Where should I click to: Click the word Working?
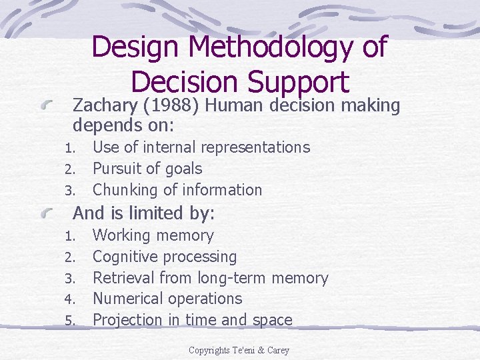pyautogui.click(x=121, y=235)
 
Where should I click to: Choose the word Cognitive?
pyautogui.click(x=125, y=257)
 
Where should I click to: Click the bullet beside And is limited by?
pyautogui.click(x=55, y=213)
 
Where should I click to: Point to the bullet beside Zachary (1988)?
pyautogui.click(x=55, y=106)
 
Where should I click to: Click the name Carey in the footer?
pyautogui.click(x=277, y=350)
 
